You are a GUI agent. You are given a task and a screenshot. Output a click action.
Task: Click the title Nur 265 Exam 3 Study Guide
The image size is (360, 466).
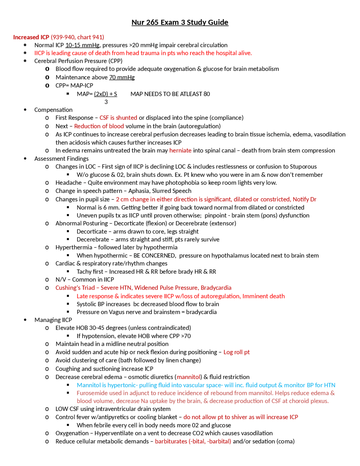(180, 22)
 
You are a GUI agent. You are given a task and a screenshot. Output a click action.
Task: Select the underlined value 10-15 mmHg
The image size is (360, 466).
(82, 45)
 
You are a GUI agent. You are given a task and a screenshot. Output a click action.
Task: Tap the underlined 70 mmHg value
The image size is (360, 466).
(122, 77)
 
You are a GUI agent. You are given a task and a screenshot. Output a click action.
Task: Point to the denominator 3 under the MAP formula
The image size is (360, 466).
(106, 102)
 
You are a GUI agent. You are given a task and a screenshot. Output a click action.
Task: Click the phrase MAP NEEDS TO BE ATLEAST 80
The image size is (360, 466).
(170, 94)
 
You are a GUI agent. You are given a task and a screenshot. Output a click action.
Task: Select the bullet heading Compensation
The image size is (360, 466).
(53, 110)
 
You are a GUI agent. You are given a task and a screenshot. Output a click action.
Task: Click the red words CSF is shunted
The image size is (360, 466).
(118, 118)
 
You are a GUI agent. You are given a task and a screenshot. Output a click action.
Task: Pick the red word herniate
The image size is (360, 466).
(180, 151)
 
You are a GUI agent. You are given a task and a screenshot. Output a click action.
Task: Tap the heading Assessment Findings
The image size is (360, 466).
(61, 159)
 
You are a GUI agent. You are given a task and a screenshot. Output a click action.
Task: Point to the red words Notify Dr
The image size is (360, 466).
(304, 199)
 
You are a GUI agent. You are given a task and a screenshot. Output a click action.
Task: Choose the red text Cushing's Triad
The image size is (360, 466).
(75, 288)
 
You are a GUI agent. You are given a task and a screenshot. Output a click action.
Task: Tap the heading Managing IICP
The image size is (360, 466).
(53, 320)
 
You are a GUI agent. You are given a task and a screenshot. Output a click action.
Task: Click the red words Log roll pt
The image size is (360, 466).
(237, 352)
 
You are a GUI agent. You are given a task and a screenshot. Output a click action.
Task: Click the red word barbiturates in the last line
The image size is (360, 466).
(171, 441)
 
